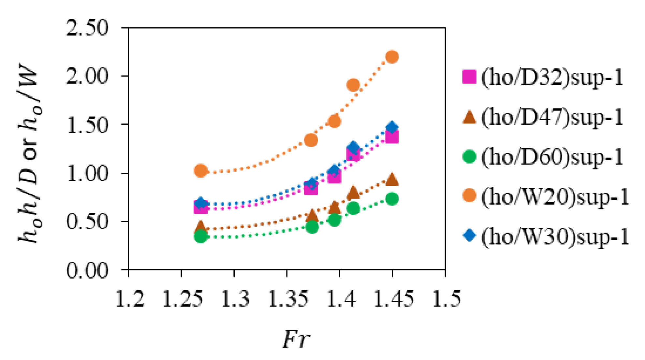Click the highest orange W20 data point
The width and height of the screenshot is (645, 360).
[392, 57]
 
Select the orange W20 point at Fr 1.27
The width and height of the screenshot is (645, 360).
[201, 170]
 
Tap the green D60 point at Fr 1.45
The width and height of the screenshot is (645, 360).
[392, 199]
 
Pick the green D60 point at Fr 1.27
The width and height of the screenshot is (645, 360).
[201, 236]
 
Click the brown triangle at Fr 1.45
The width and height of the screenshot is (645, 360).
[392, 180]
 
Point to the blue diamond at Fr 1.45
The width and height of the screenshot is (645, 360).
[392, 127]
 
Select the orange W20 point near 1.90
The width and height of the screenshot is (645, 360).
[353, 85]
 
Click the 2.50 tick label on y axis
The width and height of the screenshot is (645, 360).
[87, 28]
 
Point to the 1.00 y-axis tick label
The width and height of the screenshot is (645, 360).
[87, 173]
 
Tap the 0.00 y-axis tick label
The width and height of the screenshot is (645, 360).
[87, 270]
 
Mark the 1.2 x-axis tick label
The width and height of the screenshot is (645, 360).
[130, 299]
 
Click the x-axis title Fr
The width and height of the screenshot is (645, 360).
[296, 339]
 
